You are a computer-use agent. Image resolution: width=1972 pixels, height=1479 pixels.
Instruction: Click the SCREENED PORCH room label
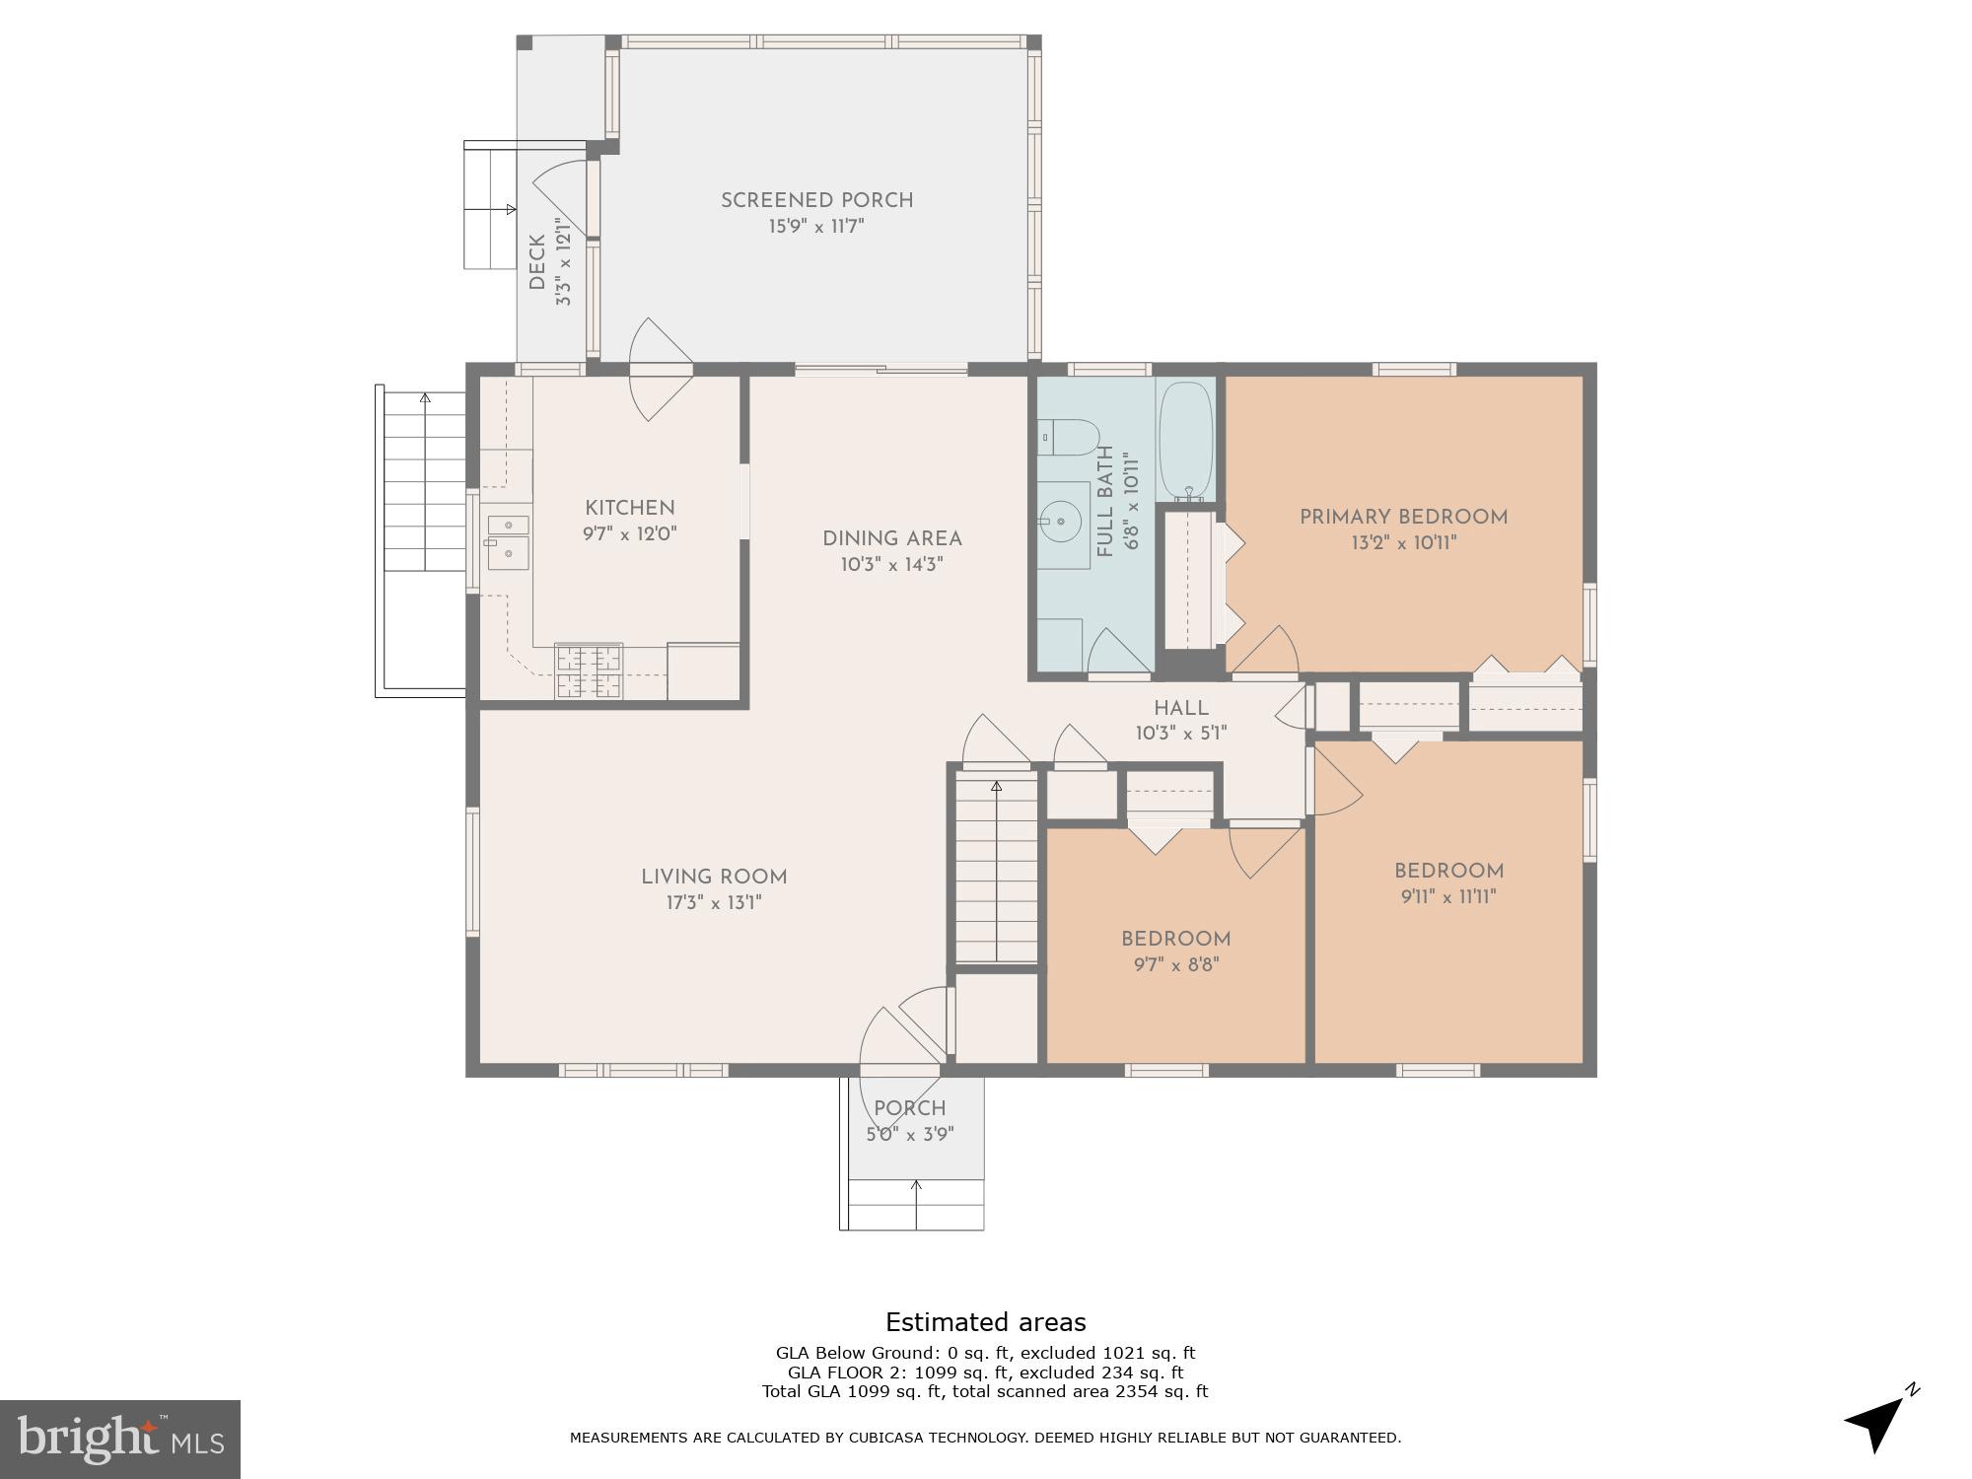click(816, 200)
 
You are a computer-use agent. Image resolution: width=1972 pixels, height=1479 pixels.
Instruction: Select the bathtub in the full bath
click(1185, 440)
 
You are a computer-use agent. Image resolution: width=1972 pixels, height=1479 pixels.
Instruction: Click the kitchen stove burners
click(589, 671)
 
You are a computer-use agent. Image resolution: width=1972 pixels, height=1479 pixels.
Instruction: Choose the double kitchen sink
click(507, 538)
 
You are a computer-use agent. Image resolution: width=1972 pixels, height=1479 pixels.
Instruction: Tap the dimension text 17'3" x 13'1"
click(713, 902)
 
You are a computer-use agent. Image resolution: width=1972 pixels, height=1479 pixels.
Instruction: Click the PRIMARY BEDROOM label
click(1403, 517)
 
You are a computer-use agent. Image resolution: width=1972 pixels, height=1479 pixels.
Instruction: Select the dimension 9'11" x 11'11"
click(1448, 896)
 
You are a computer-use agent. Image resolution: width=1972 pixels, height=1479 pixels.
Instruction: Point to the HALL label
click(1180, 708)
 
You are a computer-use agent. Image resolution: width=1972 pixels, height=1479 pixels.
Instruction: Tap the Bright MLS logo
click(119, 1439)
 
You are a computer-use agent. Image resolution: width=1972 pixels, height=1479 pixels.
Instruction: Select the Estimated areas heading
click(985, 1322)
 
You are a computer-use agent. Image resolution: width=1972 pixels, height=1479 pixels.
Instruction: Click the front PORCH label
click(909, 1108)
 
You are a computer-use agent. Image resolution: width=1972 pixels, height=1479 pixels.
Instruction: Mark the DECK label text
click(537, 262)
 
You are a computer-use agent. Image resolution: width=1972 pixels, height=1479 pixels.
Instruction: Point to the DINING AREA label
click(891, 538)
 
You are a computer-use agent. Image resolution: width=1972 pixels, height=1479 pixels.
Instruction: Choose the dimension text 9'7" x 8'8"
click(1175, 964)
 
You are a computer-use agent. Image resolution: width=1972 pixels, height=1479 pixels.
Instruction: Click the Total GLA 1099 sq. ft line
click(984, 1391)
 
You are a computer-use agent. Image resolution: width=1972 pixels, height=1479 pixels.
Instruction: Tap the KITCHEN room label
click(629, 508)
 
